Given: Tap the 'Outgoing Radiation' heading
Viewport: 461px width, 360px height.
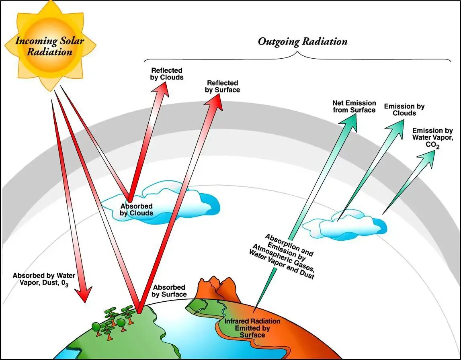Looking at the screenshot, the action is pyautogui.click(x=302, y=41).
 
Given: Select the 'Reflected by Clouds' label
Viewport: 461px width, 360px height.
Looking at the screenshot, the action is pyautogui.click(x=166, y=74).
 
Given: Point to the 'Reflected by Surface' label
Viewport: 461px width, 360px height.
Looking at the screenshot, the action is pyautogui.click(x=222, y=86).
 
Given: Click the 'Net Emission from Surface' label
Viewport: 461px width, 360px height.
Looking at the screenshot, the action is pyautogui.click(x=354, y=106).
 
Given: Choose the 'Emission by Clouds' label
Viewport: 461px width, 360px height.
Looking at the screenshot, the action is pyautogui.click(x=404, y=110).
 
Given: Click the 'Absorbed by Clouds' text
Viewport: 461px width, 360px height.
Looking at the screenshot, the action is pyautogui.click(x=137, y=209).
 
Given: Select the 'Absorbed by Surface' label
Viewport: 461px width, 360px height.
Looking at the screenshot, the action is pyautogui.click(x=169, y=290).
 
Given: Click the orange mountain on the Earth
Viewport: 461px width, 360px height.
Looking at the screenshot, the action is pyautogui.click(x=217, y=288).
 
